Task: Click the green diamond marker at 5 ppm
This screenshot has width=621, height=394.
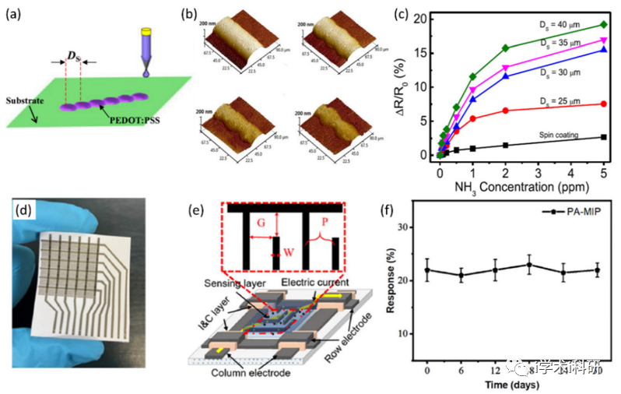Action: [x=603, y=25]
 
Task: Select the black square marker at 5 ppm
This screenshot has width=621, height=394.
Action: [x=603, y=137]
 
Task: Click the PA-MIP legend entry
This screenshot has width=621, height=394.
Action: [x=582, y=212]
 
